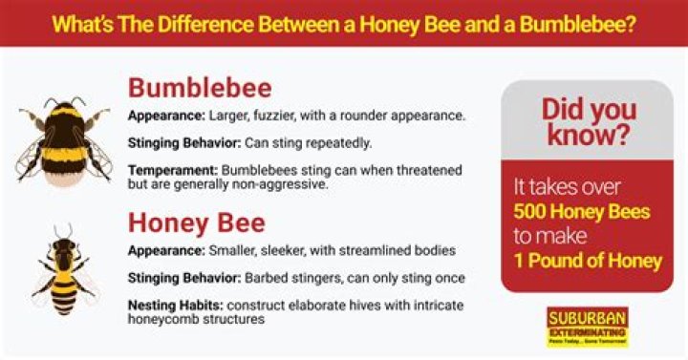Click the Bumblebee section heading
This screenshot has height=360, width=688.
click(x=200, y=88)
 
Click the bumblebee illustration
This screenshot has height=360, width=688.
click(x=64, y=138)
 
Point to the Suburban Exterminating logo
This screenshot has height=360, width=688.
click(x=587, y=327)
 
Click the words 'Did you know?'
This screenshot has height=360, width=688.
click(x=587, y=122)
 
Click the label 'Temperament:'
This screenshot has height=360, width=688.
click(x=170, y=169)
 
